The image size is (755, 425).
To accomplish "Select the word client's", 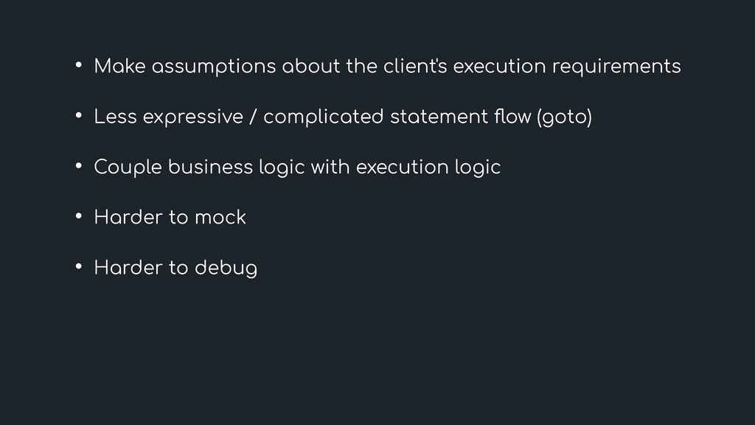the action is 415,67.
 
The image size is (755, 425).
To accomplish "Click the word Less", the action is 115,117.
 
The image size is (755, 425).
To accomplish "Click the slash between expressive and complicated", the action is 254,118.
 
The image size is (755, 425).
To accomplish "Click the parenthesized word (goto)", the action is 566,118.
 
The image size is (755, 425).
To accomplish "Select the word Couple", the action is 126,168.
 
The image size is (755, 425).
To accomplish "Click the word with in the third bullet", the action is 331,167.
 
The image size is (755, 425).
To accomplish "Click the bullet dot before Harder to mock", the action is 77,217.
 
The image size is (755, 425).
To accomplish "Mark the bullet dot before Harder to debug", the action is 77,267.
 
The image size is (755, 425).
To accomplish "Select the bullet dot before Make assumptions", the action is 77,66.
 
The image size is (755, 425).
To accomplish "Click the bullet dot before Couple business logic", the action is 77,167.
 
